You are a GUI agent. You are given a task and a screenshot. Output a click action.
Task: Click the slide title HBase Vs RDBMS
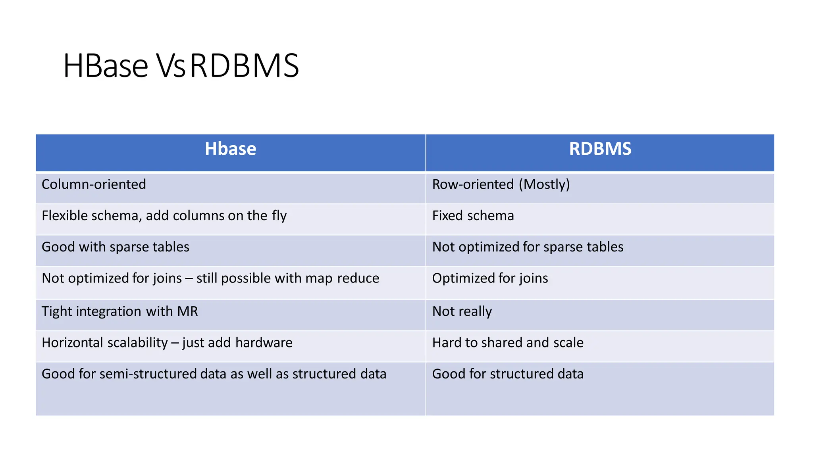pos(181,66)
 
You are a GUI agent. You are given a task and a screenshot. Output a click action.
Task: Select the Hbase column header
pos(230,149)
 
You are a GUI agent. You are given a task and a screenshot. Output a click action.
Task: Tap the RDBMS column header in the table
pos(600,149)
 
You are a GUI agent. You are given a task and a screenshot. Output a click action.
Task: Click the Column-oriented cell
pos(94,184)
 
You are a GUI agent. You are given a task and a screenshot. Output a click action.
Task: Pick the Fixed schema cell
pos(473,216)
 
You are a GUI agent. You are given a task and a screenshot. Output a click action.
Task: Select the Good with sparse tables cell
pos(116,247)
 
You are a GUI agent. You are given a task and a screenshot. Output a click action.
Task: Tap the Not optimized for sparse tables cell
pos(528,247)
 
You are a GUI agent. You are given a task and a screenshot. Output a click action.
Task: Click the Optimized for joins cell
pos(490,278)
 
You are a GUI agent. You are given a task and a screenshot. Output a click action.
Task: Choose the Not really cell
pos(462,311)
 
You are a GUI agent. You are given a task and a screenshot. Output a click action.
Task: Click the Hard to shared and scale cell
pos(508,343)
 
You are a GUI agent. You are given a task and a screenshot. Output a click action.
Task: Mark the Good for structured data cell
pos(508,374)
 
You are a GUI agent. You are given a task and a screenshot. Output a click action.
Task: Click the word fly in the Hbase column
pos(279,216)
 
